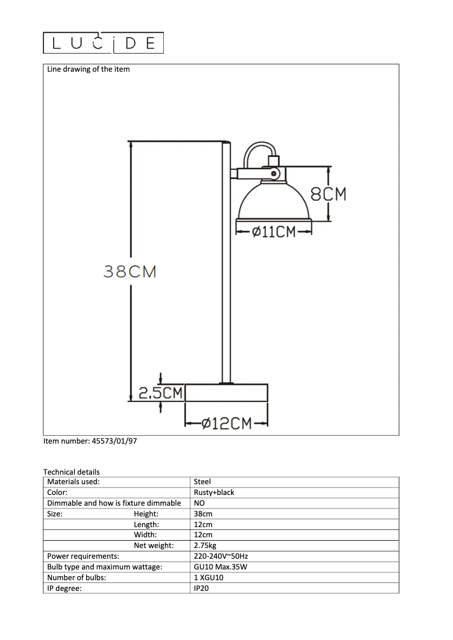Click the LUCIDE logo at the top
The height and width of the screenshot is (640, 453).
(x=103, y=43)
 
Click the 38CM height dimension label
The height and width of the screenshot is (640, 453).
(x=130, y=271)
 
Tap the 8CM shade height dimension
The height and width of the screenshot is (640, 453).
(x=328, y=194)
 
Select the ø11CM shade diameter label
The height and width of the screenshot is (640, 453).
(x=274, y=231)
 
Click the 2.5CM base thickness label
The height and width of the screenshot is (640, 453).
(x=160, y=393)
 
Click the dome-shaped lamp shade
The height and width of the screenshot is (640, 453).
(x=274, y=203)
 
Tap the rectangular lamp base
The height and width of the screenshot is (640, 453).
(x=226, y=393)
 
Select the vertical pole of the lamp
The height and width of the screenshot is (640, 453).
(x=225, y=265)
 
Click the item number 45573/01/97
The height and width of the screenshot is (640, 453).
(x=90, y=442)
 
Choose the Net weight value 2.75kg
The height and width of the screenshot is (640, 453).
(x=205, y=545)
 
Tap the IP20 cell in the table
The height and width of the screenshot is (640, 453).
(x=202, y=588)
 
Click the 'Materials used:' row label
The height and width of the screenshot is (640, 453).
(x=73, y=482)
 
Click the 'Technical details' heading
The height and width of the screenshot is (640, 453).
(x=71, y=472)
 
